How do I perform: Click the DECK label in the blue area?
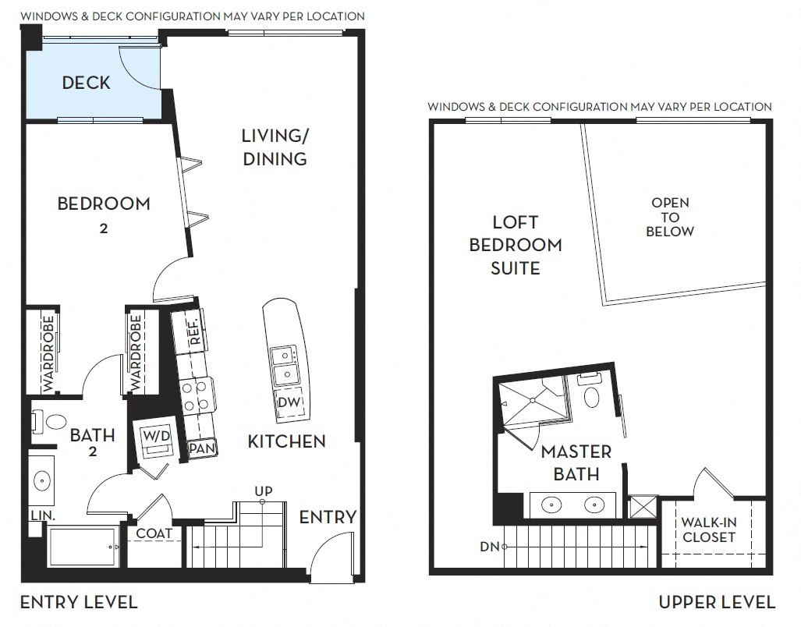coord(86,83)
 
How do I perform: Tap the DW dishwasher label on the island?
coord(289,402)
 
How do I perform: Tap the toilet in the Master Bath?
coord(591,392)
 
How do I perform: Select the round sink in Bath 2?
coord(41,480)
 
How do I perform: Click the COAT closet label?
coord(154,533)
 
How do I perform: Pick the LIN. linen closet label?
coord(43,515)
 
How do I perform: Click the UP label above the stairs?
coord(264,491)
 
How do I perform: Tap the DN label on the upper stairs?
coord(489,547)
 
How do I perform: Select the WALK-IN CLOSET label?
coord(708,530)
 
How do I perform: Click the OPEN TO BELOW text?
coord(670,217)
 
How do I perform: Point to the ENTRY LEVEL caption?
coord(80,603)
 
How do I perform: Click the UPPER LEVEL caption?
coord(718,603)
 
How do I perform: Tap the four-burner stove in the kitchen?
coord(197,395)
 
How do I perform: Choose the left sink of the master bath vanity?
coord(551,505)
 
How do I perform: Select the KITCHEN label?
coord(286,441)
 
